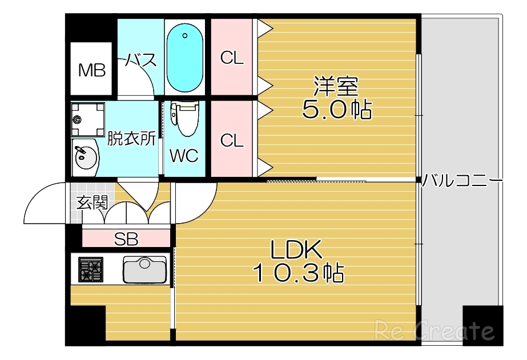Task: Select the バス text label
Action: (141, 59)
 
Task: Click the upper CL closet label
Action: (232, 57)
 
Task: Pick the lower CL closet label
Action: (232, 140)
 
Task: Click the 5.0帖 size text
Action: (336, 110)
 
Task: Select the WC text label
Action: (184, 156)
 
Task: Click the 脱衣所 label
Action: (131, 139)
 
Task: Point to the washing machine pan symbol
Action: (88, 119)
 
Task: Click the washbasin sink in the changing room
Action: (85, 156)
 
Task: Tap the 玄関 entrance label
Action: (92, 202)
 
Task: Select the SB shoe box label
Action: (126, 239)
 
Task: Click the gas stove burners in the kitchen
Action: (90, 269)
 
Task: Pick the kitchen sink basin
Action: (145, 270)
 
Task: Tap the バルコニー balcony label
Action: (462, 181)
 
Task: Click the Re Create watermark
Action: (433, 330)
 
